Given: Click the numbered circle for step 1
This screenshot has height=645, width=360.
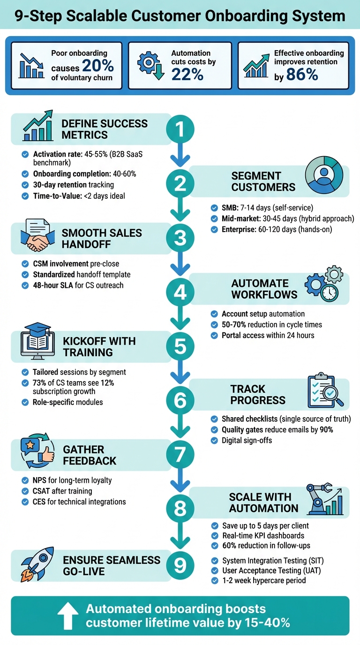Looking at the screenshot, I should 180,129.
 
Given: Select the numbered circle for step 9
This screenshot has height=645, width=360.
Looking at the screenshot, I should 180,566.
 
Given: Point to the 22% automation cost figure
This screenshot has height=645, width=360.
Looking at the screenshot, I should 187,74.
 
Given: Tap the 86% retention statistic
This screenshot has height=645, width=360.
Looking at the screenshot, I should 302,75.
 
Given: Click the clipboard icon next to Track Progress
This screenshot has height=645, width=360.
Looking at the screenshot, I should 324,391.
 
